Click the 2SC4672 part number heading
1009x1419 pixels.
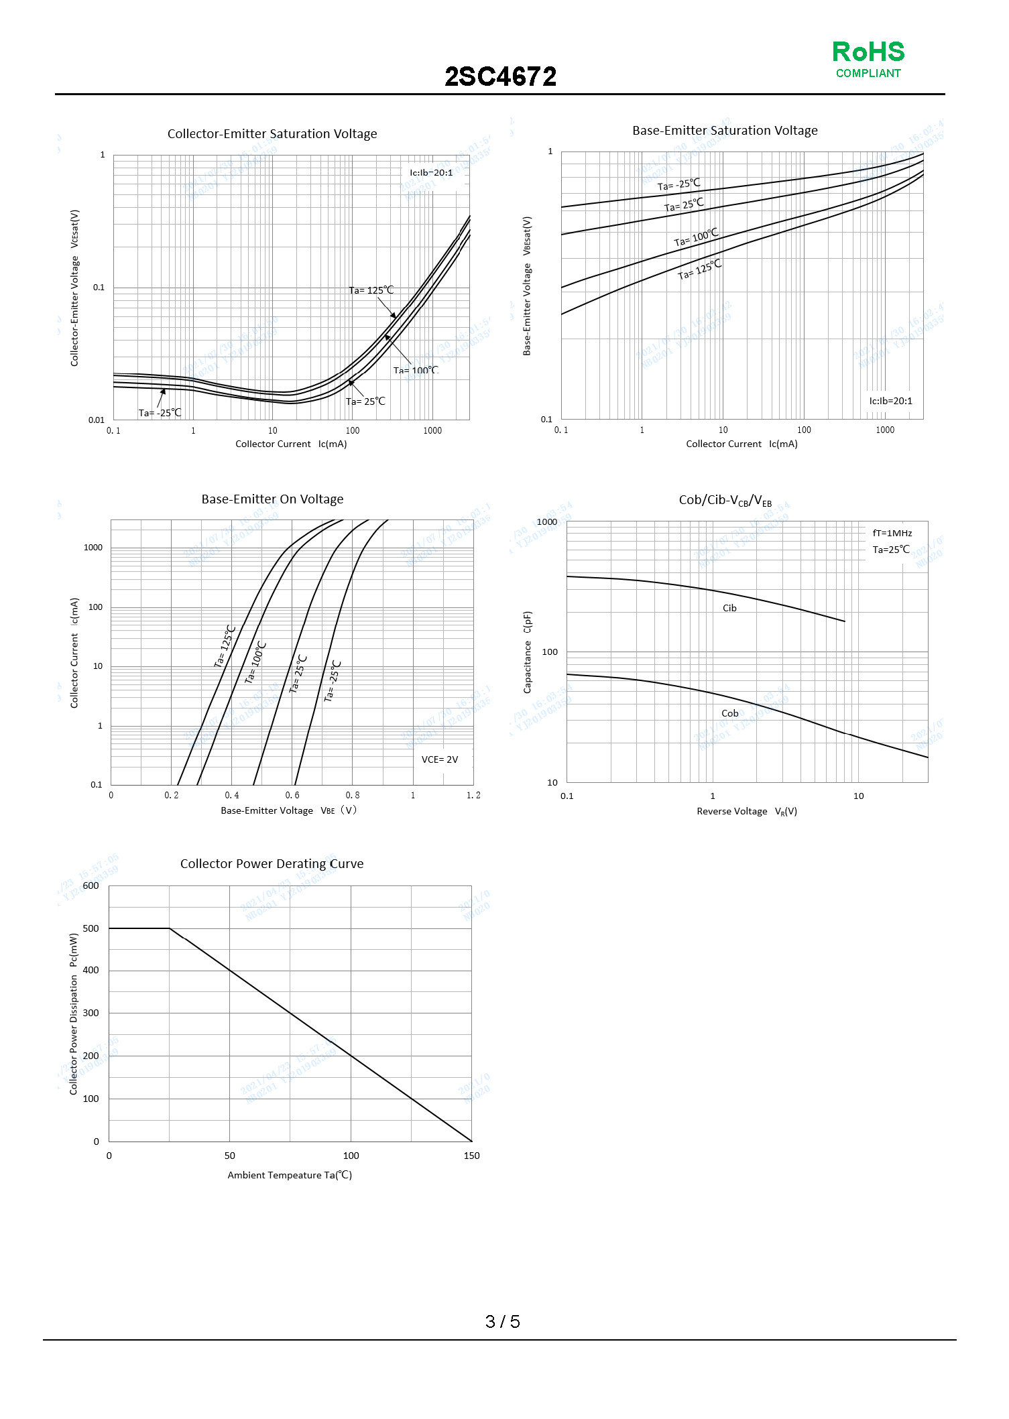500,77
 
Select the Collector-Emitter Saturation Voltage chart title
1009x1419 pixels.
272,134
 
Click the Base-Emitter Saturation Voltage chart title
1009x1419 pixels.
725,131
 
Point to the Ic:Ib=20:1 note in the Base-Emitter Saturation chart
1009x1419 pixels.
890,401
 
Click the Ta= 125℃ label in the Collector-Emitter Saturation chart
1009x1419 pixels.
371,290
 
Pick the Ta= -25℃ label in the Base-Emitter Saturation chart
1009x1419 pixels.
678,184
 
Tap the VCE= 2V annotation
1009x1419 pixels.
440,759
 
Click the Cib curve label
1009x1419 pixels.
729,608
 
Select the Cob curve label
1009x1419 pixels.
729,713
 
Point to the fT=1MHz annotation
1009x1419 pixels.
892,533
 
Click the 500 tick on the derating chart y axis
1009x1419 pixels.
91,928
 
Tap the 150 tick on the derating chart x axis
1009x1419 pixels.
471,1156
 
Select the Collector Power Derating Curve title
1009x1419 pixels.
272,864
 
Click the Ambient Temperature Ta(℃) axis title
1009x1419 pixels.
290,1175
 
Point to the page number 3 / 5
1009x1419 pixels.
502,1321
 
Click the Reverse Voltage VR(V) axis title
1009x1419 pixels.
747,811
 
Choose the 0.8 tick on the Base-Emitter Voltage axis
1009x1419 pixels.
353,795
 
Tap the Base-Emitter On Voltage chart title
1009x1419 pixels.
272,499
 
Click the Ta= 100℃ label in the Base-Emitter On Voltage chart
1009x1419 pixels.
256,662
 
